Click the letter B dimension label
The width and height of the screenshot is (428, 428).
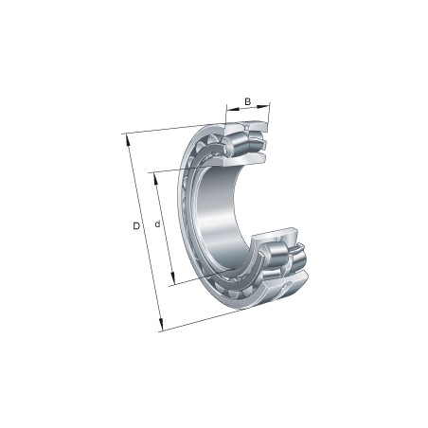pos(247,101)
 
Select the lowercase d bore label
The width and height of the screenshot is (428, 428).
pos(157,224)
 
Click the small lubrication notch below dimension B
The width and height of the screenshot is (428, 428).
pos(248,125)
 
